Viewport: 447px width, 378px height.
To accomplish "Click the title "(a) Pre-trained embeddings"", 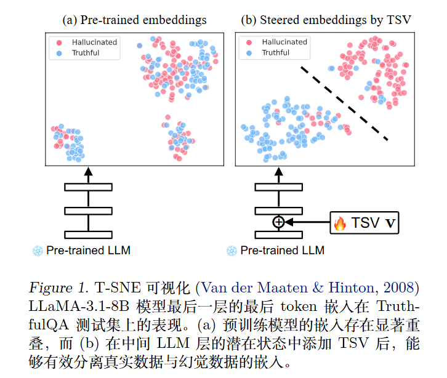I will [135, 20].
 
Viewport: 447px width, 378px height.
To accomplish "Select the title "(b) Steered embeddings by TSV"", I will [326, 20].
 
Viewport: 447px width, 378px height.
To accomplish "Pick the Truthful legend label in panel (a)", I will [86, 53].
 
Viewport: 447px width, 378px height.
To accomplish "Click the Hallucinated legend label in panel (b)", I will [283, 42].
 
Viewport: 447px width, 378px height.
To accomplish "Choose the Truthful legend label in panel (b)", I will [276, 52].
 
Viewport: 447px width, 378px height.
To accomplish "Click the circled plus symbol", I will [278, 222].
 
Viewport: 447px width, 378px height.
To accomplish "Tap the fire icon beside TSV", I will [340, 223].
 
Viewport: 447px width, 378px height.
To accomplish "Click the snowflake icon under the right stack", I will [232, 251].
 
